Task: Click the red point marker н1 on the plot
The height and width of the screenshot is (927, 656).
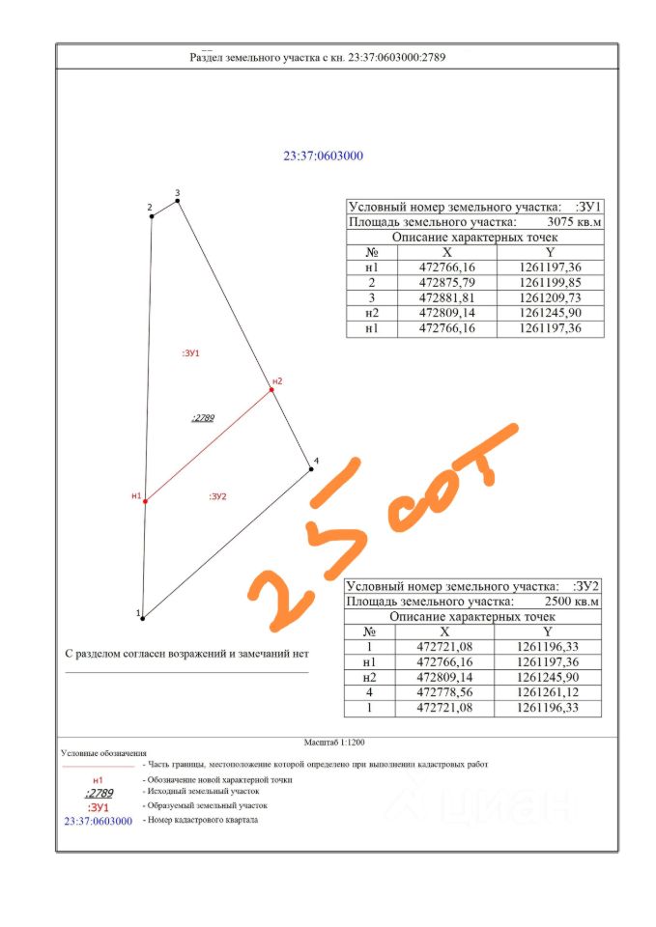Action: (x=145, y=501)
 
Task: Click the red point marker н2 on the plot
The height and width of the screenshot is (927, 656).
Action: (x=272, y=390)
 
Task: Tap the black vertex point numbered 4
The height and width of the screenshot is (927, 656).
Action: (x=311, y=469)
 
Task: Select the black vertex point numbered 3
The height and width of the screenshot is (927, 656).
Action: (x=178, y=201)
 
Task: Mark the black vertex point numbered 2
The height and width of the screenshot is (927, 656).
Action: (x=152, y=216)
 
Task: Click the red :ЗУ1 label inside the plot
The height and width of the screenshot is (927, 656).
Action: (x=190, y=354)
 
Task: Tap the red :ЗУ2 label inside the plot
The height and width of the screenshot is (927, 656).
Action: (x=217, y=496)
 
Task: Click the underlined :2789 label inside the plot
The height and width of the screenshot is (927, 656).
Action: (x=203, y=418)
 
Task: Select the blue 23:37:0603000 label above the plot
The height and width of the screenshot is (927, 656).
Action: (x=323, y=156)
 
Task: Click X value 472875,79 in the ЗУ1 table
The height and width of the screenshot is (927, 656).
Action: (x=445, y=283)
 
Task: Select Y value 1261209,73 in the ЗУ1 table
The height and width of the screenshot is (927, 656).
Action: (x=549, y=298)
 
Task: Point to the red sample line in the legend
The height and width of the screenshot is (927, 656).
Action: (x=97, y=766)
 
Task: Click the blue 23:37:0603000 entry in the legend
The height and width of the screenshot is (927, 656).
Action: (x=98, y=821)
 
